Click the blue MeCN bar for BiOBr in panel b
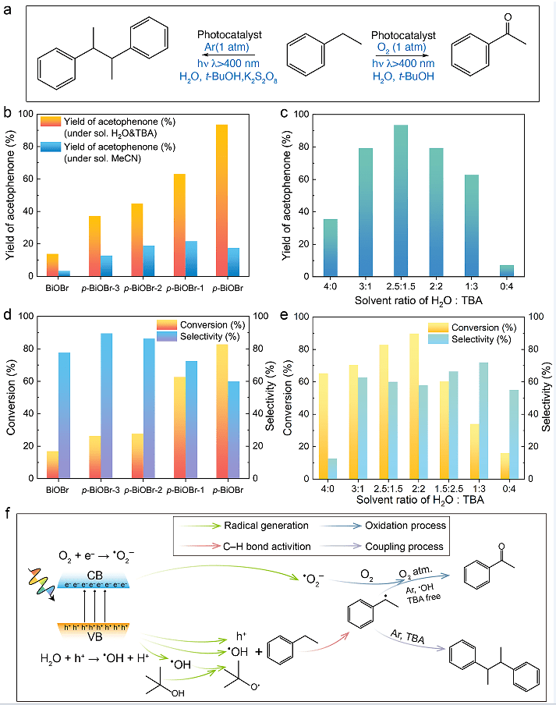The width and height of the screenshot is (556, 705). click(66, 273)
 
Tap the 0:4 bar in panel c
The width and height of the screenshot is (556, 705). click(527, 271)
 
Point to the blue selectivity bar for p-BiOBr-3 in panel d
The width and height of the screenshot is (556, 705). click(106, 406)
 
